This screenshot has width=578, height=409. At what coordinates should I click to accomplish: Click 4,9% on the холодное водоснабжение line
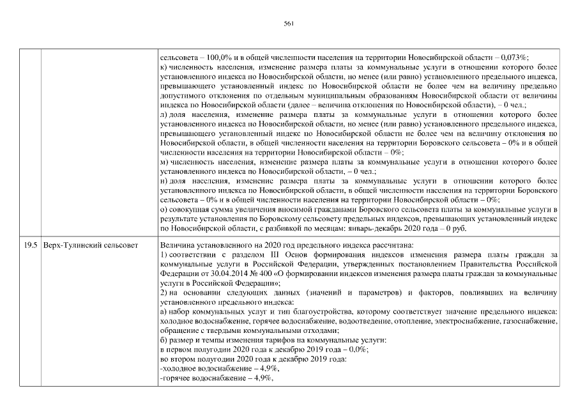coord(266,369)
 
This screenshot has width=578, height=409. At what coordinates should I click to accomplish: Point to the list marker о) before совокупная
coord(164,208)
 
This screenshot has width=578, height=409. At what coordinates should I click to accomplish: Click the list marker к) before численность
coord(164,66)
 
